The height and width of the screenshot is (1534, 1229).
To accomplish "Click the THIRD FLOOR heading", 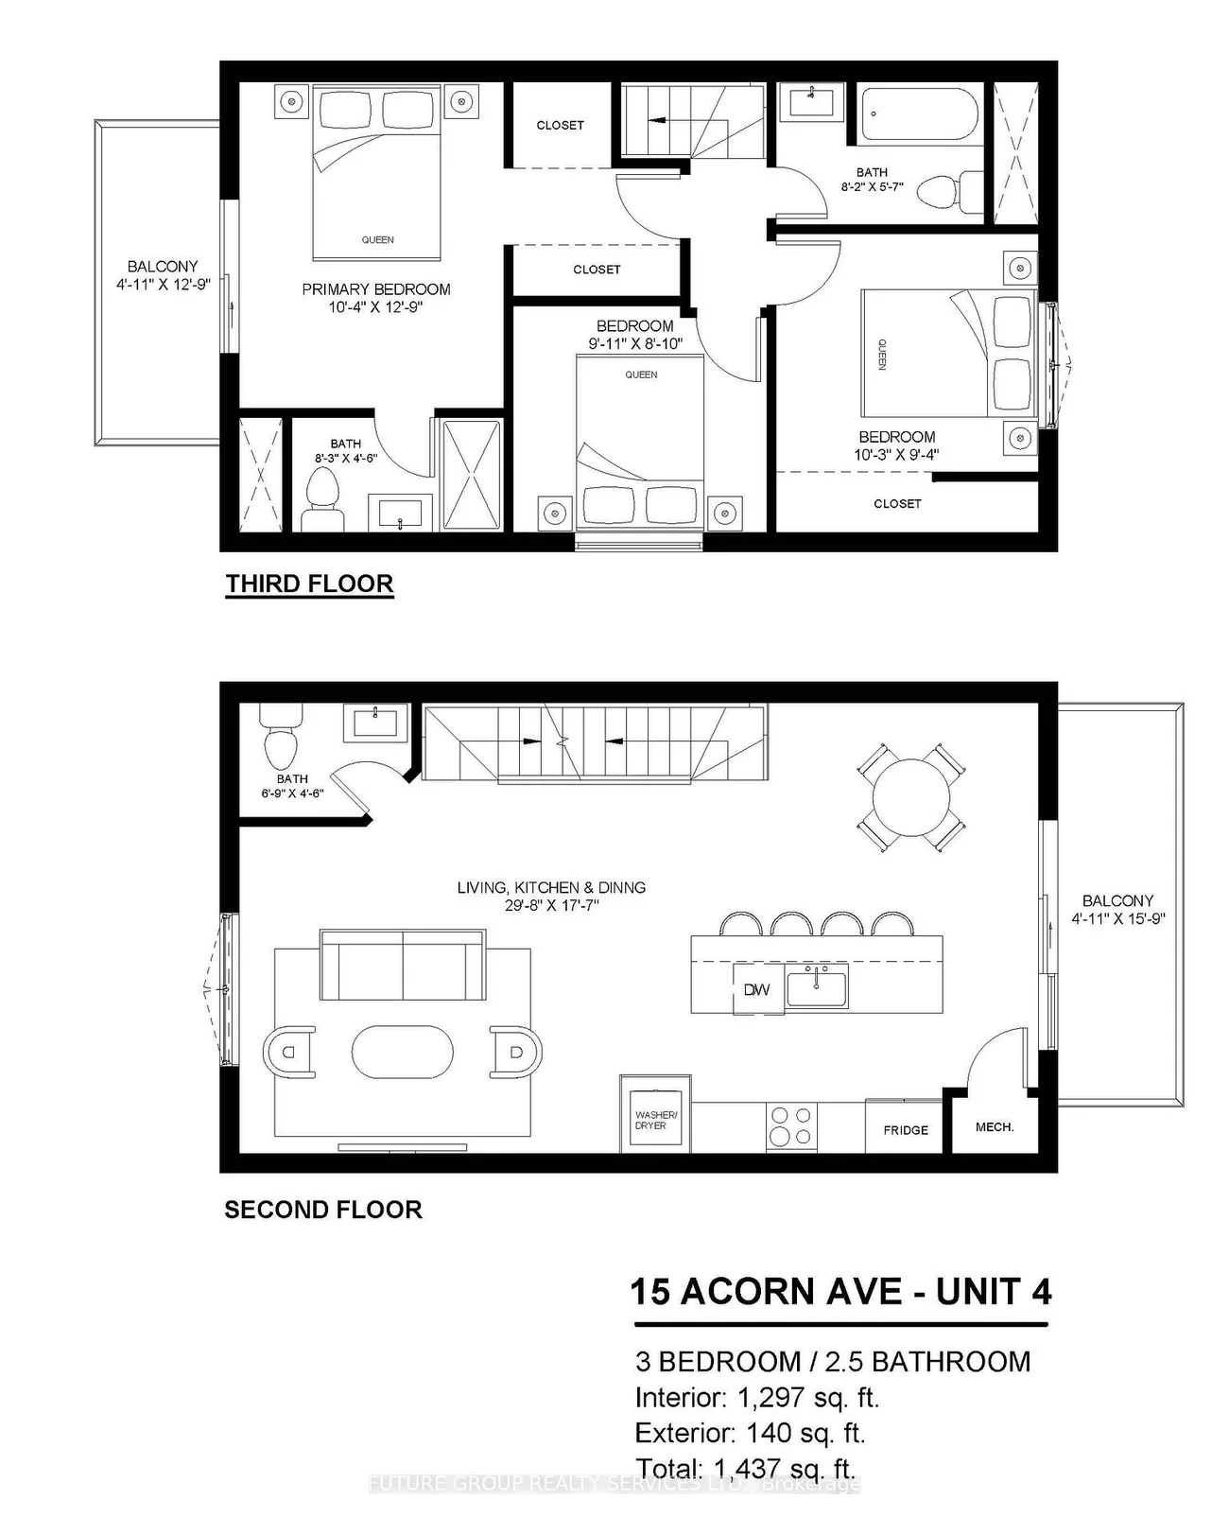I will point(309,584).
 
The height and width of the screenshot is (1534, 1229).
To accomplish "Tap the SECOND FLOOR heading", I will point(322,1210).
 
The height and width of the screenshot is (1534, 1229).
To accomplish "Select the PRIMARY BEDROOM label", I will point(375,289).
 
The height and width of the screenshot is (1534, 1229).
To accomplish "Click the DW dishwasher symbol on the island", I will point(756,990).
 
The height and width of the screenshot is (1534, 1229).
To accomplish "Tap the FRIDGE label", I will point(906,1130).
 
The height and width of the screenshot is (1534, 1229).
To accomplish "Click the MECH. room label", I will point(995,1127).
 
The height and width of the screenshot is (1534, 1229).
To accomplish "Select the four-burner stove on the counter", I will point(791,1126).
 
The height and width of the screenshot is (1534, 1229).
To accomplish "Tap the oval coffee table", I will point(402,1051).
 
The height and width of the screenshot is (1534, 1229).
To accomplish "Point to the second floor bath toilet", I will point(280,741).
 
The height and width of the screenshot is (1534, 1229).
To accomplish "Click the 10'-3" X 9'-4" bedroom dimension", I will point(896,455).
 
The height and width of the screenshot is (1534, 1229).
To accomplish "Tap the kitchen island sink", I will point(817,986).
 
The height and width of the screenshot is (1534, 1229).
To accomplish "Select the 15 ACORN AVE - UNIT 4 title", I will point(840,1292).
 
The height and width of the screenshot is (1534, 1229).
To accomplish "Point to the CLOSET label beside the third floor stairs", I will point(560,125).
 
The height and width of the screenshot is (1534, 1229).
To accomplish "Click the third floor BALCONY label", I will point(163,267).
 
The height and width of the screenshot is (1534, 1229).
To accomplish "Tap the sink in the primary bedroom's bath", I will point(403,514).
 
